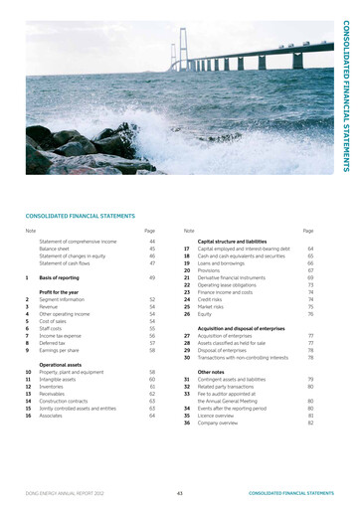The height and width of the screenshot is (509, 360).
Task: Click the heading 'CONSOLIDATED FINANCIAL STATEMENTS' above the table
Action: point(79,216)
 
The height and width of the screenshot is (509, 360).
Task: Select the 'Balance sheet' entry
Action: point(55,249)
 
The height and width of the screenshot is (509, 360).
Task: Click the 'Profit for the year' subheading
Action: point(59,292)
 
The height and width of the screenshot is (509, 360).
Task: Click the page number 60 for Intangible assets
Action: point(152,379)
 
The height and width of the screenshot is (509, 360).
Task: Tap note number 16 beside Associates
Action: point(28,416)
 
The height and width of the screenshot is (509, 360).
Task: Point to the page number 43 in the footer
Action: point(179,492)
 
